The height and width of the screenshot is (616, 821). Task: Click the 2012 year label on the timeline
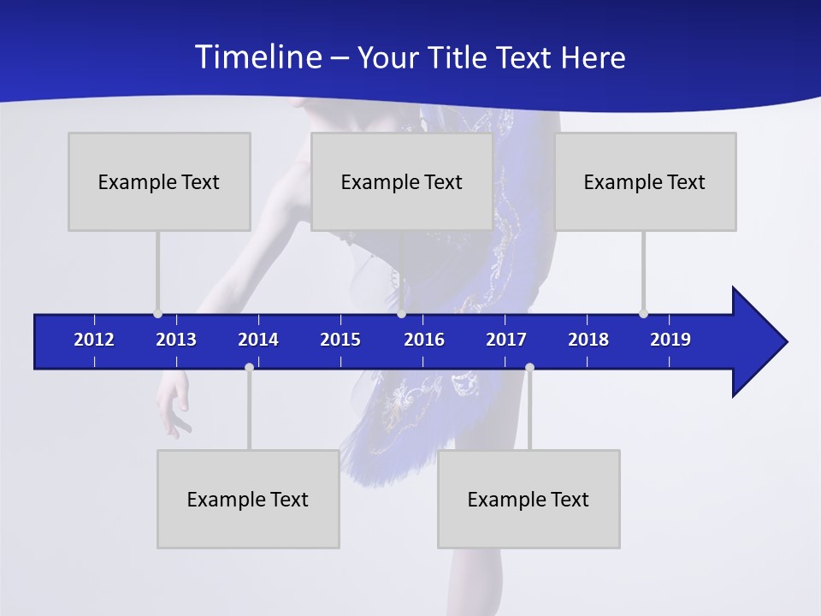pos(94,340)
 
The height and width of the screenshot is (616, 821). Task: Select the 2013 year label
pos(176,340)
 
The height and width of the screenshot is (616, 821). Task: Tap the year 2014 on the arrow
pos(258,340)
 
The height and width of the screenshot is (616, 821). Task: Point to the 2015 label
pos(340,340)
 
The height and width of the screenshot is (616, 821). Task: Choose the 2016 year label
pos(424,340)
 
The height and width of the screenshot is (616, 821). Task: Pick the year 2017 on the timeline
pos(506,340)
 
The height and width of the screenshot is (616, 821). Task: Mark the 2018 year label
pos(588,340)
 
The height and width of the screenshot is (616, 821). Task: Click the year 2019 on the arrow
pos(670,340)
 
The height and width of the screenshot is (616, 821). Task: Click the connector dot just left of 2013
pos(157,313)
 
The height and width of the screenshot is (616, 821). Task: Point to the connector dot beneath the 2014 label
pos(249,367)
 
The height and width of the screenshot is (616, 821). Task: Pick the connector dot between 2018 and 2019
pos(643,313)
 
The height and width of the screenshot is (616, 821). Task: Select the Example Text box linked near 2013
pos(159,181)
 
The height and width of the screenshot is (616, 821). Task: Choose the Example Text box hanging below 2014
pos(248,499)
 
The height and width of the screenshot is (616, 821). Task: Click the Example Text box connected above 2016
pos(402,181)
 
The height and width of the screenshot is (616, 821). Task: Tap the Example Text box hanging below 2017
pos(529,499)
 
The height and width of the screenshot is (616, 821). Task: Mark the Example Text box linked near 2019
pos(645,181)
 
